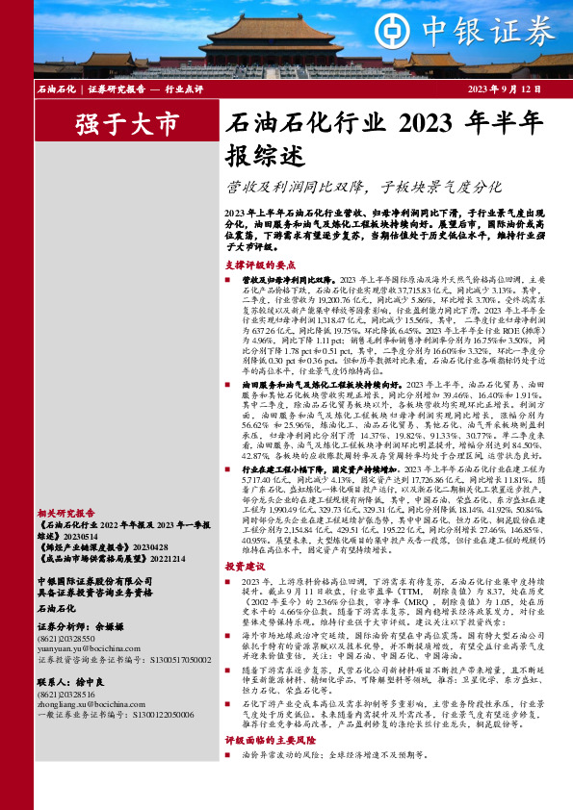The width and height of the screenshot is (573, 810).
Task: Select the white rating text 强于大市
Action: click(126, 124)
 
